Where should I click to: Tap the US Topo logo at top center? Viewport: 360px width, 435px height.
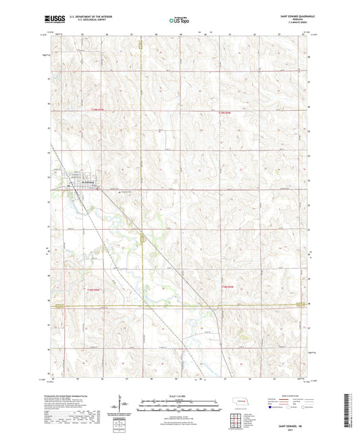click(180, 20)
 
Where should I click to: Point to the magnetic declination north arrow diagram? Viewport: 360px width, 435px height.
click(125, 407)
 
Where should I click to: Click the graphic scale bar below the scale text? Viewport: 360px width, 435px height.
click(180, 403)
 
